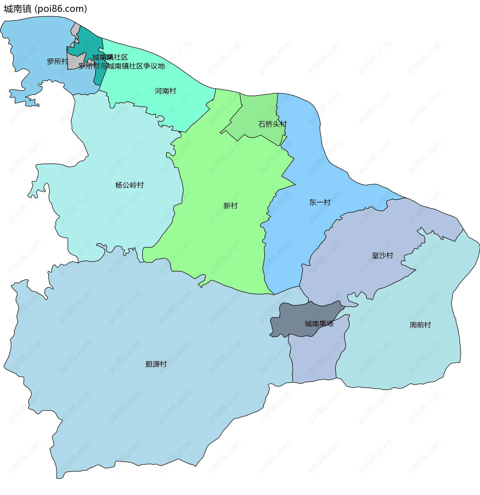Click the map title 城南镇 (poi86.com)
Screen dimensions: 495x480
click(x=45, y=9)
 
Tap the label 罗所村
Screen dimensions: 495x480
click(x=57, y=61)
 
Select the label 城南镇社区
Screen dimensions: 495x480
click(x=110, y=57)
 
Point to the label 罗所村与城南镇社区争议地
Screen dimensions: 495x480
click(x=122, y=66)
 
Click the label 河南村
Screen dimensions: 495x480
click(x=165, y=91)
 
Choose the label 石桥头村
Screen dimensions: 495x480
click(x=272, y=124)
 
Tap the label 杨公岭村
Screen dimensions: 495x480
click(x=129, y=185)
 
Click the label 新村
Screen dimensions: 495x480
click(x=230, y=206)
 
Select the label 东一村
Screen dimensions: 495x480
click(x=320, y=202)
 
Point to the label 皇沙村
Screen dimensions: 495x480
click(x=382, y=256)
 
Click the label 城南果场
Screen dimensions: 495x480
click(x=319, y=324)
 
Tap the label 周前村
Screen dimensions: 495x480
click(x=420, y=325)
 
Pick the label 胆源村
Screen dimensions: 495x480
click(x=156, y=364)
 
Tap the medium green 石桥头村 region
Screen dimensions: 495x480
click(x=258, y=109)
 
